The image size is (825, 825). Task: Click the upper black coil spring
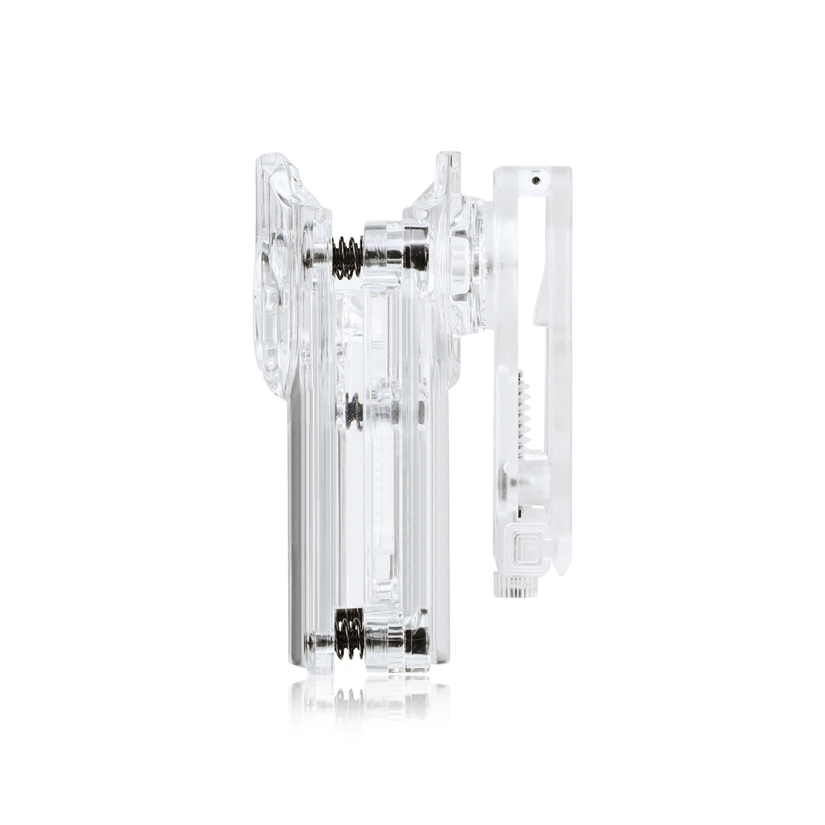point(347,257)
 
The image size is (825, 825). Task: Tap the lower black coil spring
point(349,634)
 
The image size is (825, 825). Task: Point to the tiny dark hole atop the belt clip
point(536,179)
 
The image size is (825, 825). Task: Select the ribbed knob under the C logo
point(516,586)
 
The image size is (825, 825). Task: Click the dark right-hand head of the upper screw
point(416,256)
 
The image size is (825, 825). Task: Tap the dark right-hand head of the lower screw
point(417,641)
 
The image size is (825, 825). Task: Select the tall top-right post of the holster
point(448,172)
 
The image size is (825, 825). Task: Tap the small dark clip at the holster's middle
point(353,412)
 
